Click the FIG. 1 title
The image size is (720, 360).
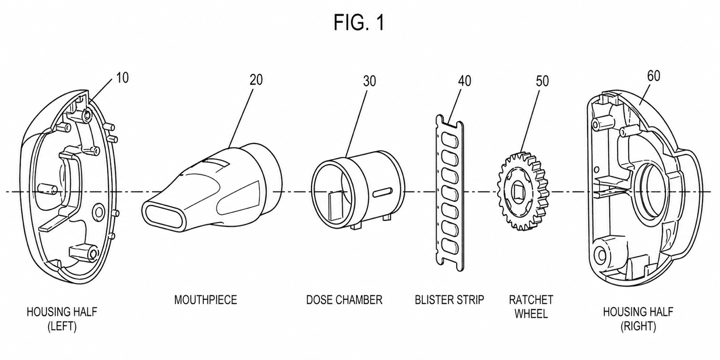(x=359, y=22)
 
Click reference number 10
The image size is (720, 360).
(x=122, y=78)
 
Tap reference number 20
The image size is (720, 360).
(x=256, y=80)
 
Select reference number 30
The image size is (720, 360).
(x=369, y=81)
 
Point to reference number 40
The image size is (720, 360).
(x=464, y=81)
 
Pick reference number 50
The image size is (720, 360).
(x=542, y=81)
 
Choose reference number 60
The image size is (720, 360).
(x=654, y=76)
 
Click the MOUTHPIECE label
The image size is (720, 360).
(x=205, y=300)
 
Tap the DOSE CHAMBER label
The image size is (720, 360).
(x=344, y=300)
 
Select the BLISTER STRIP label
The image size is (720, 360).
(x=450, y=300)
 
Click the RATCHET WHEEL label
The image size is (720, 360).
(x=531, y=306)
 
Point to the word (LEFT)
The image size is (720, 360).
(x=62, y=327)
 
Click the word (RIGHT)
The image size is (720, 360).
(x=638, y=326)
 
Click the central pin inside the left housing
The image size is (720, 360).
(x=47, y=189)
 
